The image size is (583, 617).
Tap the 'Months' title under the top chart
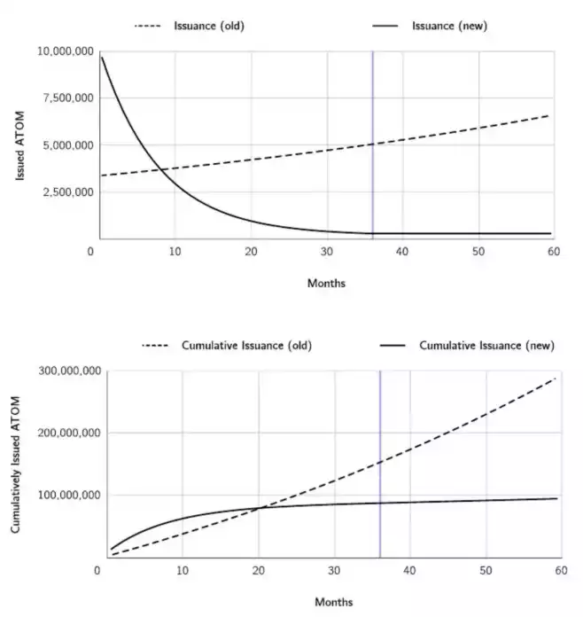[326, 284]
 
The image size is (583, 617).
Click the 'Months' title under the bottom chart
[334, 602]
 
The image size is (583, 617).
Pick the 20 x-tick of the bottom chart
[259, 571]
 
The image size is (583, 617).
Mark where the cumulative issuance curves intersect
[260, 507]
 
